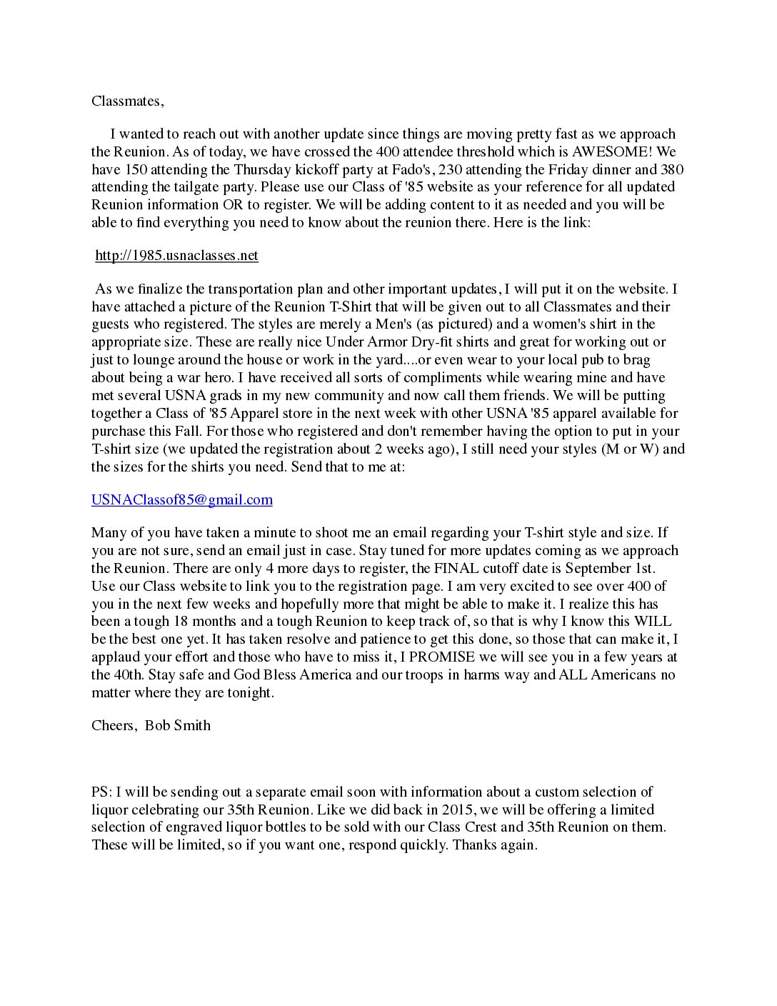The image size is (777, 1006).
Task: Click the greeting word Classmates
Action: (x=126, y=101)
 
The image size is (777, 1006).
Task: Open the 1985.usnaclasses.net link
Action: (x=176, y=256)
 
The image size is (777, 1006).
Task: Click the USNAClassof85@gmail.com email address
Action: (x=181, y=499)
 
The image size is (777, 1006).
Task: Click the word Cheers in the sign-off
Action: (x=113, y=725)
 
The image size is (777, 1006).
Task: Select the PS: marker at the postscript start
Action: (x=101, y=792)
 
